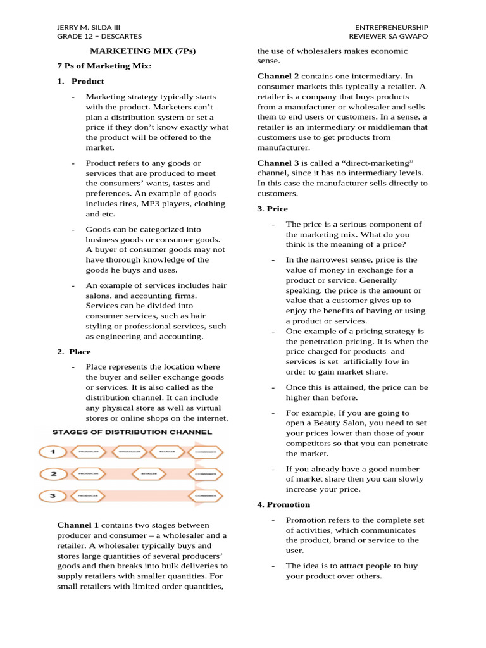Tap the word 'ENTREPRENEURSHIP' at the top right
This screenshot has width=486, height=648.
[392, 27]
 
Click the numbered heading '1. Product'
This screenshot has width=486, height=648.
[81, 81]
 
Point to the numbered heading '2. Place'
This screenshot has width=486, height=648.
[74, 351]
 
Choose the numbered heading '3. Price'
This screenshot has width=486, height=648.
[272, 208]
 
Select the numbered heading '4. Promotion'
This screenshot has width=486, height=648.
[283, 504]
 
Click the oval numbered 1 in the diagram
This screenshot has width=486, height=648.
[54, 452]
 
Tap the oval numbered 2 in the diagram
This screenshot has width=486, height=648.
[54, 473]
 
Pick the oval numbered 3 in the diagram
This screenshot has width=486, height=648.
[54, 495]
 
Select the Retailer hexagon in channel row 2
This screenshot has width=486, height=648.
[149, 473]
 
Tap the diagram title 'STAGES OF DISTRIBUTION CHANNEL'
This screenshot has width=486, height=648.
[131, 432]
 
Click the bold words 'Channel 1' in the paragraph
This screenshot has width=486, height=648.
[78, 525]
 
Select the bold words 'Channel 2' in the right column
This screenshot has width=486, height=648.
[278, 76]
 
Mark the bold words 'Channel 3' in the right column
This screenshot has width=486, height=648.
[278, 163]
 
